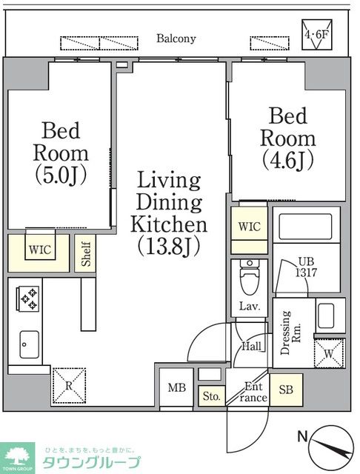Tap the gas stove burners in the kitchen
pyautogui.click(x=29, y=298)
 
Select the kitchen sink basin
pyautogui.click(x=30, y=344)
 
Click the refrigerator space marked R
pyautogui.click(x=69, y=386)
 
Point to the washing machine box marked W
pyautogui.click(x=330, y=354)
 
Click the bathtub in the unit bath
pyautogui.click(x=305, y=227)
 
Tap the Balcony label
pyautogui.click(x=176, y=39)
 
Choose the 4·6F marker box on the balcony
pyautogui.click(x=317, y=35)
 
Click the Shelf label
pyautogui.click(x=86, y=253)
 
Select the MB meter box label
pyautogui.click(x=177, y=387)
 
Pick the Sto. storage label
pyautogui.click(x=212, y=395)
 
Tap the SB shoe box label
pyautogui.click(x=286, y=390)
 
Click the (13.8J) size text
pyautogui.click(x=169, y=247)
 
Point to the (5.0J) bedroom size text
pyautogui.click(x=61, y=176)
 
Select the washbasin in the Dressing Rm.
pyautogui.click(x=326, y=316)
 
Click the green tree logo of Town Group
pyautogui.click(x=17, y=456)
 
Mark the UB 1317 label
pyautogui.click(x=306, y=267)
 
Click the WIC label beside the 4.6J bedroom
pyautogui.click(x=249, y=227)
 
